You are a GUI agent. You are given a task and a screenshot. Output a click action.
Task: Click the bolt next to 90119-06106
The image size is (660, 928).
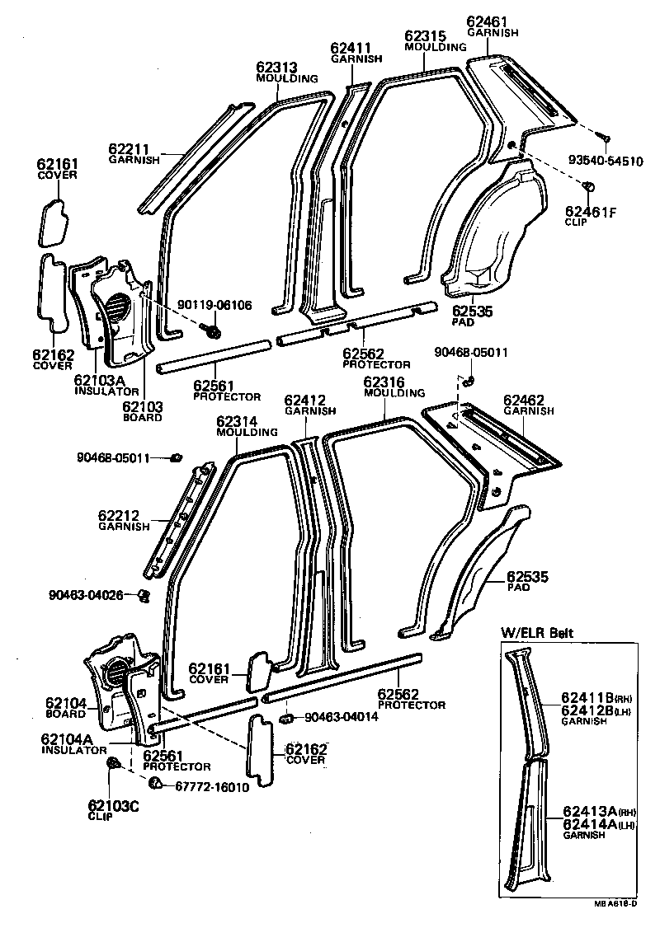point(213,330)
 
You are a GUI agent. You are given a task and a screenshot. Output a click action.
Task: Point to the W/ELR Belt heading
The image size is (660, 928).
point(538,633)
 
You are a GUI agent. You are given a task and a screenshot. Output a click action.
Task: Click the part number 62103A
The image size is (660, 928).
point(98,380)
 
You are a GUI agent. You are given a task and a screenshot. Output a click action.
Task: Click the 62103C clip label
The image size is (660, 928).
point(113,805)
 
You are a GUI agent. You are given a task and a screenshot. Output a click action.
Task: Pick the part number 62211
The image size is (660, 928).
point(129,149)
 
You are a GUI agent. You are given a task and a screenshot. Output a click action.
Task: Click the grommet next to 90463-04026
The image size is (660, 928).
point(143,594)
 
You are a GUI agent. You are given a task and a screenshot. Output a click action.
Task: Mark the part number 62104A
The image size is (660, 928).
point(69,740)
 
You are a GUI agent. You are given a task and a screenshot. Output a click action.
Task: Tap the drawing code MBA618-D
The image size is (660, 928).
point(615,903)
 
